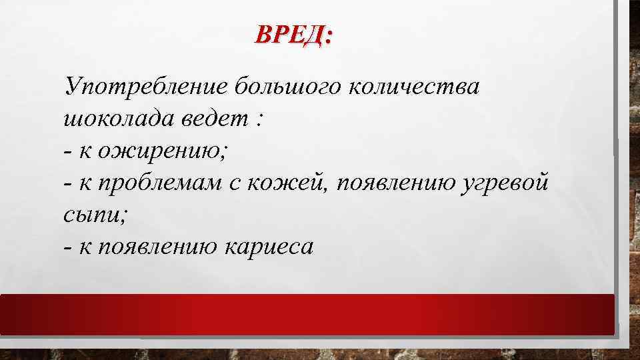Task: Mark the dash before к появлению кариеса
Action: coord(69,248)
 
